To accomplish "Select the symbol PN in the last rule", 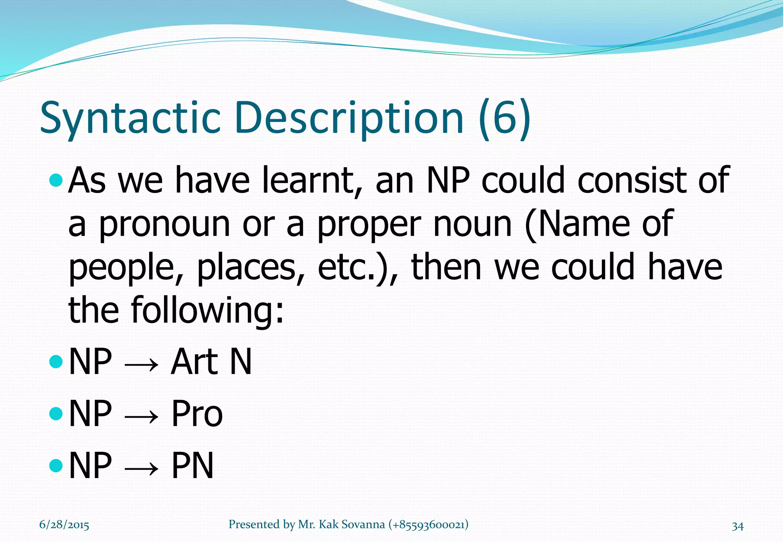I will [192, 465].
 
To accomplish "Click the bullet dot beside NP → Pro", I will [56, 413].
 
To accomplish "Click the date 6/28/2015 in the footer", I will [64, 525].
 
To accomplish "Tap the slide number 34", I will [738, 526].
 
